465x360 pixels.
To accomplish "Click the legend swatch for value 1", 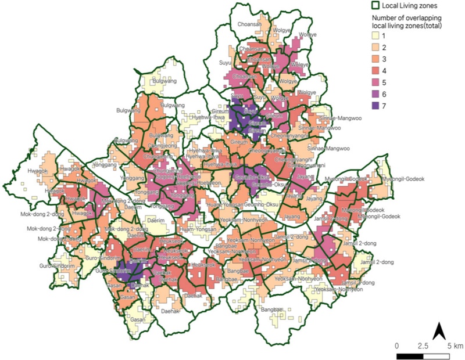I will point(376,37).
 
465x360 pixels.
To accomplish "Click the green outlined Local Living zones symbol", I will point(376,6).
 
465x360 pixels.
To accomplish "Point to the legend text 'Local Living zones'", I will point(410,6).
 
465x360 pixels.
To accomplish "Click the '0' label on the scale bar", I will point(397,345).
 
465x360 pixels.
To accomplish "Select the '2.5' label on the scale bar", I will point(423,345).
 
